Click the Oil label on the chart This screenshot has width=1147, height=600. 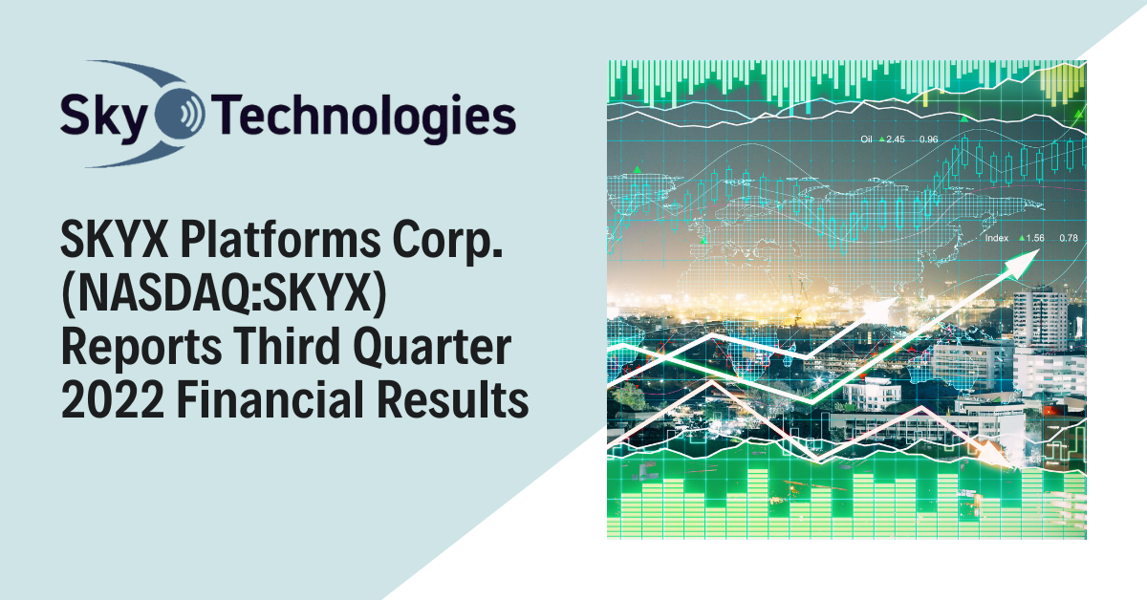coord(867,140)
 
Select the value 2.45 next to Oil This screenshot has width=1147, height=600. coord(896,140)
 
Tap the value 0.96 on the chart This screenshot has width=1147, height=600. coord(928,140)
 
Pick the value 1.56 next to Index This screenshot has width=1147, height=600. coord(1035,237)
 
